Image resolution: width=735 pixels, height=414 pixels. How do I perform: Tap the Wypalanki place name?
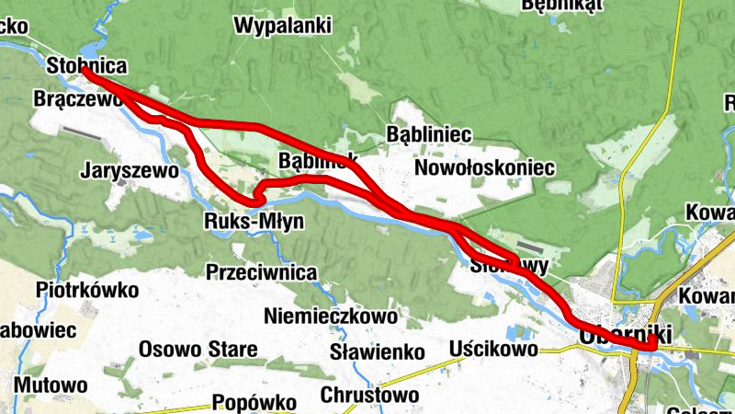(283, 26)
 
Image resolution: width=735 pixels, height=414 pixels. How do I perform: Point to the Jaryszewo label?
(129, 170)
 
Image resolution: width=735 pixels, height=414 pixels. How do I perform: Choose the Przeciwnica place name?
(262, 272)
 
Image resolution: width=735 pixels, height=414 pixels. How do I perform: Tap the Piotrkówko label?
(87, 291)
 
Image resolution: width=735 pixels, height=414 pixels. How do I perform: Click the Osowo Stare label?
(198, 350)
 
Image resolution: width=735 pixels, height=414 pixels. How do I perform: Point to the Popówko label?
(254, 403)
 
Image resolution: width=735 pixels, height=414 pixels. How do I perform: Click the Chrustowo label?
(370, 396)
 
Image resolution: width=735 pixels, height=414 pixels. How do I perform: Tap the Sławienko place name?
(377, 351)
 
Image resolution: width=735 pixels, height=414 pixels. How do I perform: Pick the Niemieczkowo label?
(331, 316)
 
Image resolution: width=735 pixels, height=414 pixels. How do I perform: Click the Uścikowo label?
(493, 349)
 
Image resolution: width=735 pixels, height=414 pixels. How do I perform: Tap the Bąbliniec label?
(429, 135)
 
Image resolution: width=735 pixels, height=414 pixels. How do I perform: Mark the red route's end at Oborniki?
(651, 345)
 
